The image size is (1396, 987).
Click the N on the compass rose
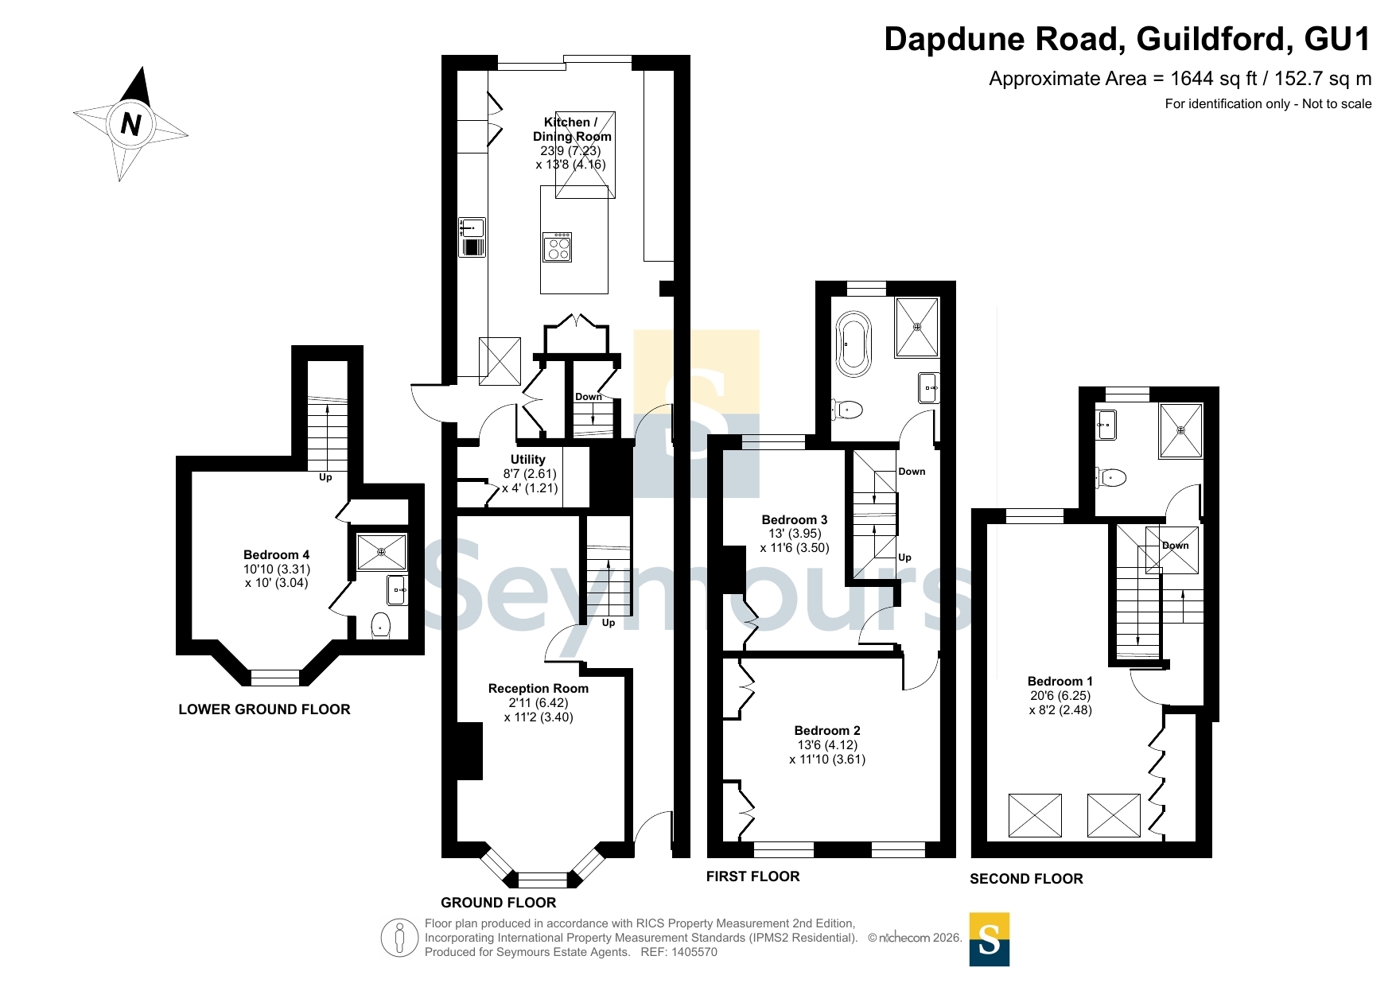(130, 124)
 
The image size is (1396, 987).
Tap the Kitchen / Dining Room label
(571, 129)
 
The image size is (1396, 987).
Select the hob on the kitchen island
(558, 247)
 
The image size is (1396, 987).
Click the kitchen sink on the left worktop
(472, 237)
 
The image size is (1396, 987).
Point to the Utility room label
(528, 460)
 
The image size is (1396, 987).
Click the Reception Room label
(539, 689)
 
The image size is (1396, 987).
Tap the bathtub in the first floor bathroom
(854, 344)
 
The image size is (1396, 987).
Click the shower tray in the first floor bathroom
(917, 327)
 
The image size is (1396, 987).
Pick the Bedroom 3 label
(795, 520)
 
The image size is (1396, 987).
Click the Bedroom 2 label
(827, 731)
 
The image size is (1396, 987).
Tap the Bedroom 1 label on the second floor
(1060, 682)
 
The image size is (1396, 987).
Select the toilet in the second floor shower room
(1111, 477)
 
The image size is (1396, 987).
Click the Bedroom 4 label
(276, 555)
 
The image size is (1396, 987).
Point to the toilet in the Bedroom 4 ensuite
(381, 626)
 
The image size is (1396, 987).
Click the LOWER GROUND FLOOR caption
(264, 709)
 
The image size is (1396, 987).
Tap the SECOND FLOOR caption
(1026, 879)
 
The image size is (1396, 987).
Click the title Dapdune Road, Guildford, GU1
(1128, 39)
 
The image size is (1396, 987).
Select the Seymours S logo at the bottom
(990, 939)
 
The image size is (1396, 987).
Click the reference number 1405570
(694, 952)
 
